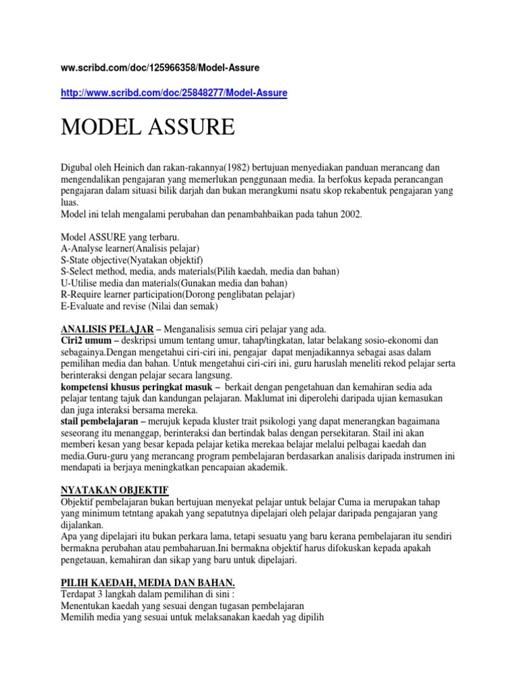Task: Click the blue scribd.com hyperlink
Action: click(x=174, y=92)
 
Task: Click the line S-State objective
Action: click(x=131, y=259)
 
